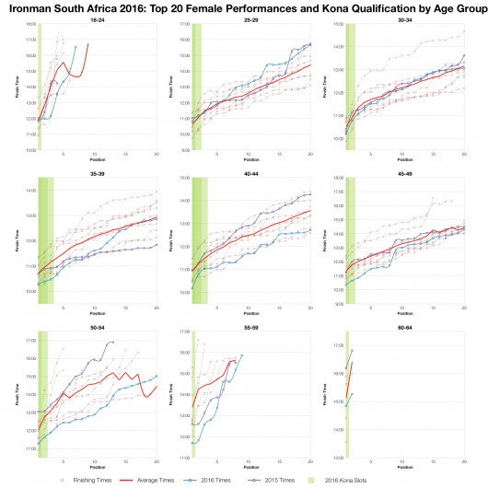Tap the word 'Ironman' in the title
point(36,6)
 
